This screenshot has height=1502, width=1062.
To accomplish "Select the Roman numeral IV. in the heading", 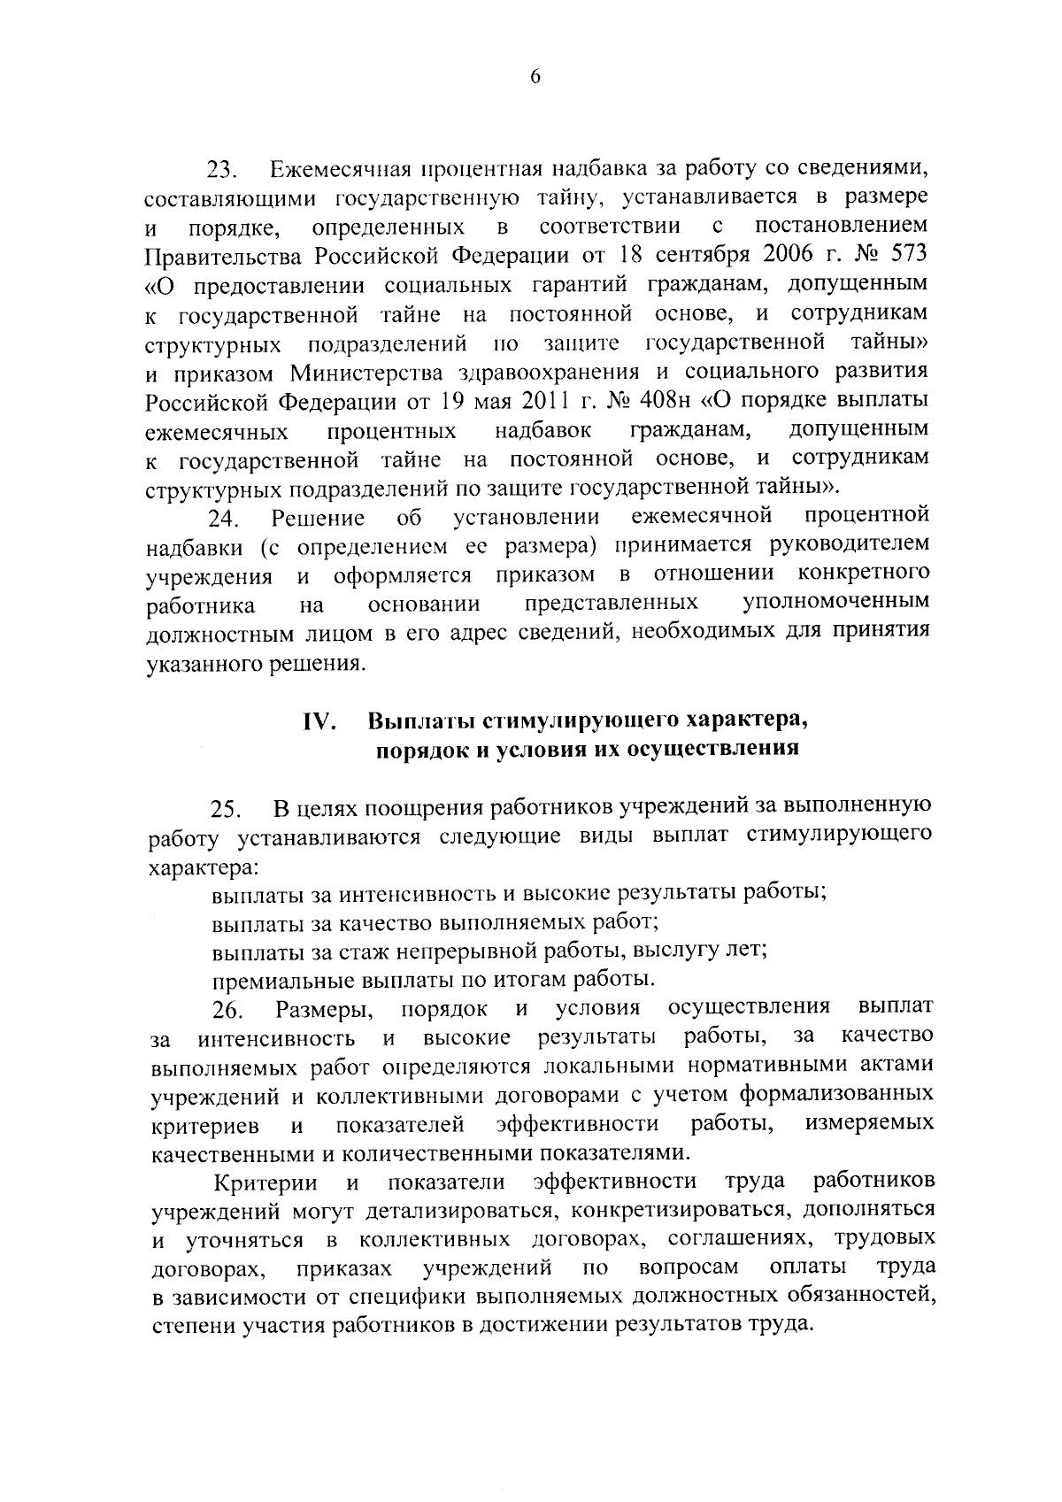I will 319,722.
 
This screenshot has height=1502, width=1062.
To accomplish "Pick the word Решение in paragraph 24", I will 319,517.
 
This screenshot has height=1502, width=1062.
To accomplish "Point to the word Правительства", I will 223,256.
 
